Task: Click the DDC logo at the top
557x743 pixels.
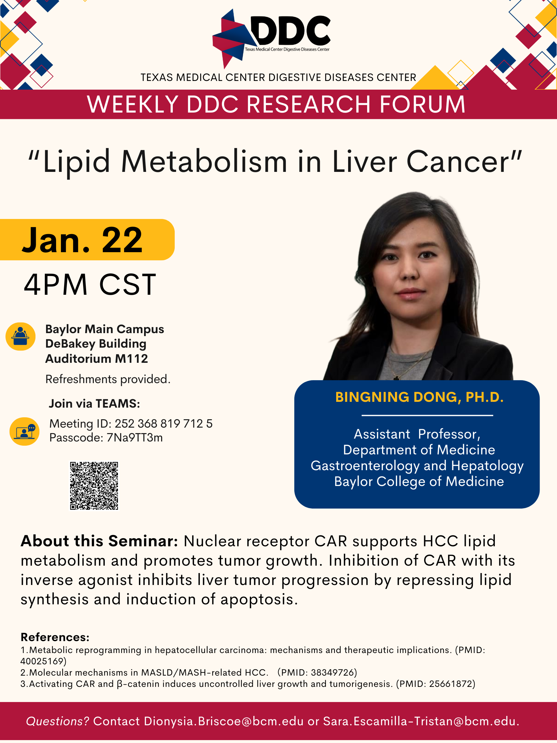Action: click(272, 39)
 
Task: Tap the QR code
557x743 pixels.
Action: click(94, 486)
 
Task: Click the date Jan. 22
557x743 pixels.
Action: click(82, 240)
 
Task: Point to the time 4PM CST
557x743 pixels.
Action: click(90, 285)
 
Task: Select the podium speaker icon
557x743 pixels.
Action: click(21, 337)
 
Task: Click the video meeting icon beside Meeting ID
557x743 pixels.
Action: click(24, 431)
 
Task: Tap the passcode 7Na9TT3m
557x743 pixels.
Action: click(135, 438)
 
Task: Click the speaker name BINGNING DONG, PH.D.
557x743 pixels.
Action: click(419, 397)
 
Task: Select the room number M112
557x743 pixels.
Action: click(131, 359)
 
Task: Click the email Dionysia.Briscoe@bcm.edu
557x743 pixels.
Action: click(224, 721)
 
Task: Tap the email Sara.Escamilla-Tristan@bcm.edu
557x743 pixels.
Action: click(419, 721)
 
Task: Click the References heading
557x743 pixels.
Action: click(55, 637)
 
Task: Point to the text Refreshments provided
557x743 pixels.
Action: click(108, 379)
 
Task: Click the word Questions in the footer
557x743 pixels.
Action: click(57, 721)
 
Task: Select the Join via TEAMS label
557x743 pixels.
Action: click(94, 403)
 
